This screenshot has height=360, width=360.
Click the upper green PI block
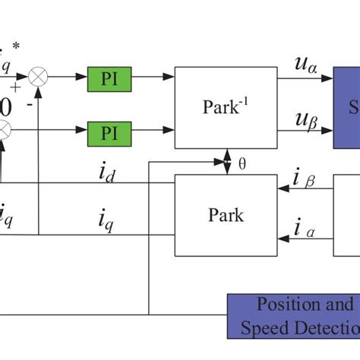coord(109,78)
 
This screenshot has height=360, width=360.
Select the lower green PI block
coord(109,134)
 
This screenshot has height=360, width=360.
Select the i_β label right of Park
coord(305,178)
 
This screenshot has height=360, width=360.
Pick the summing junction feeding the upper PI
coord(38,77)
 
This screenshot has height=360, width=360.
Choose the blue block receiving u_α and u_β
coord(347,107)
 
